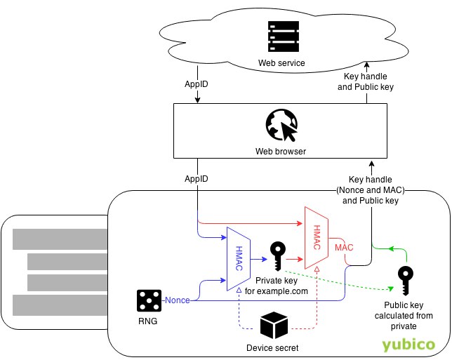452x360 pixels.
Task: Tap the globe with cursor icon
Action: [x=279, y=126]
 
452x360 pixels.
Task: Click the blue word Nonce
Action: [x=178, y=301]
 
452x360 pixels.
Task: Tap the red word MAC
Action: [x=344, y=248]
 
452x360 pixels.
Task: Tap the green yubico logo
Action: [x=409, y=345]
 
